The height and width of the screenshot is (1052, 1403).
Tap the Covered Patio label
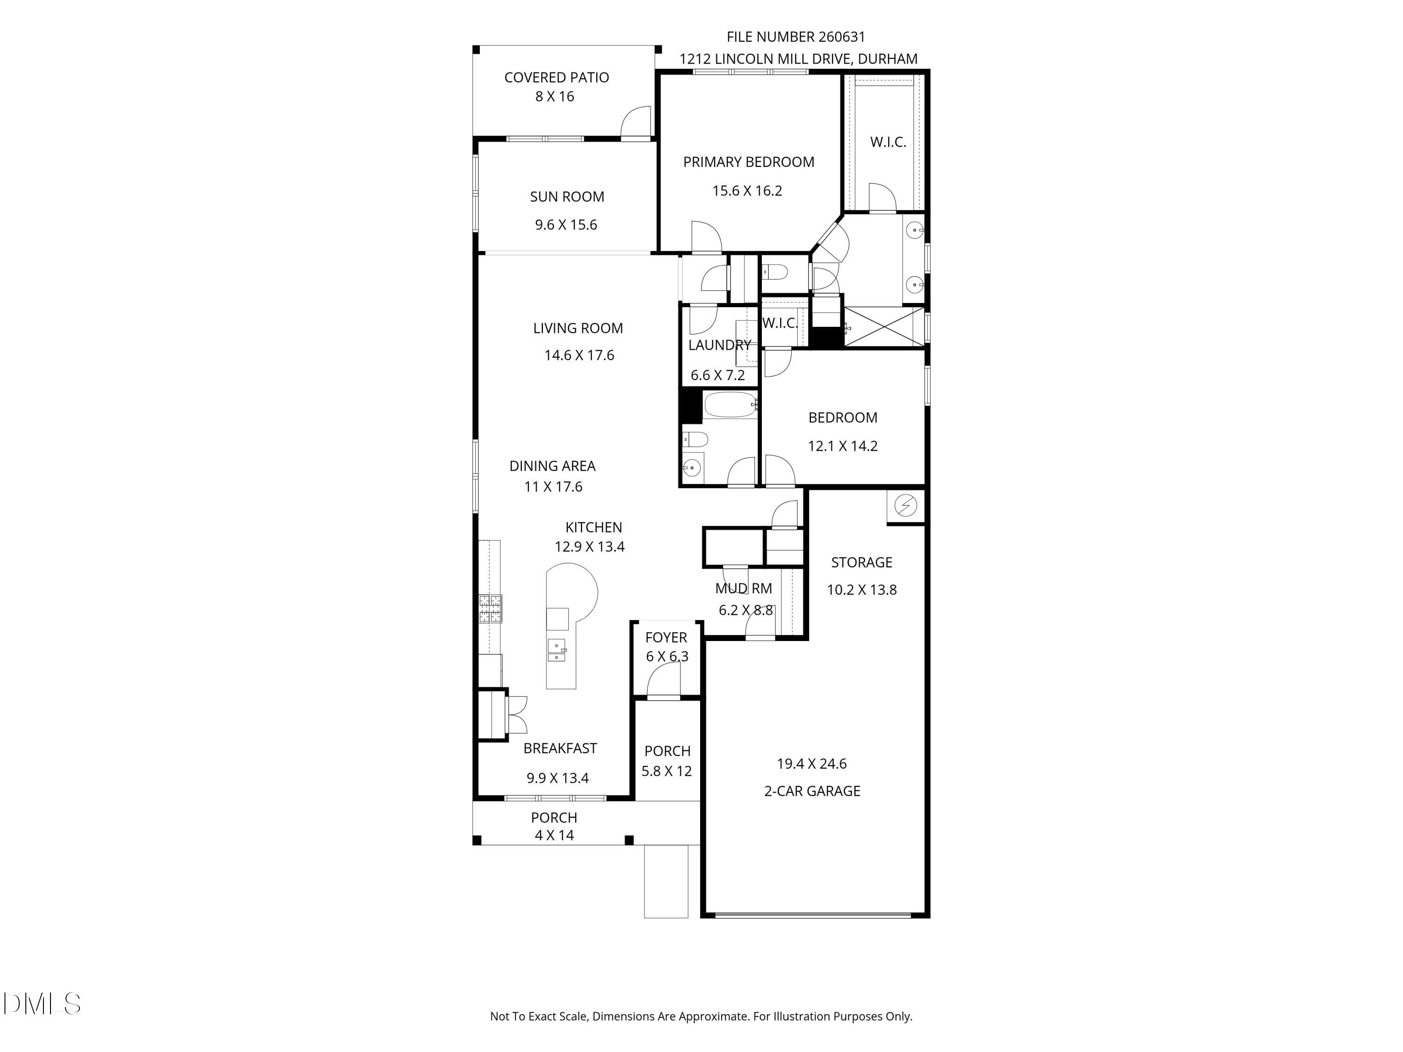tap(556, 77)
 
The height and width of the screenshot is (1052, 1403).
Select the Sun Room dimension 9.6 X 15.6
tap(566, 224)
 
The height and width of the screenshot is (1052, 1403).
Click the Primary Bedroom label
tap(748, 162)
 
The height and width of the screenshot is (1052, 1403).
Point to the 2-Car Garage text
tap(812, 791)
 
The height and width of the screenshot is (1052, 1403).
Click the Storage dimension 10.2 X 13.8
tap(861, 590)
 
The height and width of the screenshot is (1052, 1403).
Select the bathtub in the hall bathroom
tap(730, 404)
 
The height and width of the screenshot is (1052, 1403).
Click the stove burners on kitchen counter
tap(490, 609)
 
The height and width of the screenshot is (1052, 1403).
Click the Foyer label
tap(666, 637)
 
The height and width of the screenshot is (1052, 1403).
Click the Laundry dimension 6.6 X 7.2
tap(717, 375)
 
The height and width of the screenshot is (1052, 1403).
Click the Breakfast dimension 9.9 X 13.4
tap(557, 778)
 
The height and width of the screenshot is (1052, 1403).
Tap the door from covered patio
tap(636, 123)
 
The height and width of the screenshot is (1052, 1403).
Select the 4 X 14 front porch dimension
tap(554, 835)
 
